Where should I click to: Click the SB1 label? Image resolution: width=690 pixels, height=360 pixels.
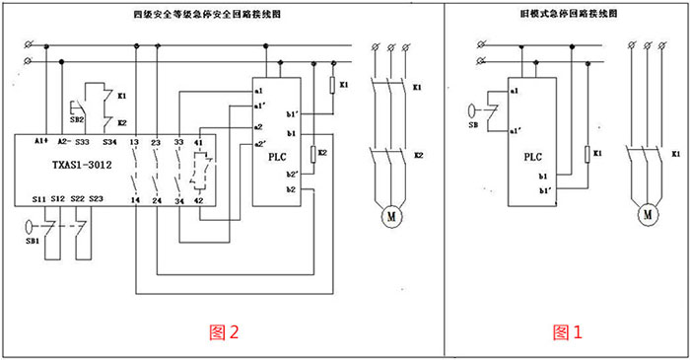tap(32, 240)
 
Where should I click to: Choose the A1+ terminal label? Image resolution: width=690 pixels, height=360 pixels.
tap(40, 142)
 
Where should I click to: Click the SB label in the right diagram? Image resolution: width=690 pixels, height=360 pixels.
tap(475, 125)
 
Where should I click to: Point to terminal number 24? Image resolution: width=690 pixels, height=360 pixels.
tap(156, 201)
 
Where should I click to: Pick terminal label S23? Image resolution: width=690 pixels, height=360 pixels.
tap(96, 201)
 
